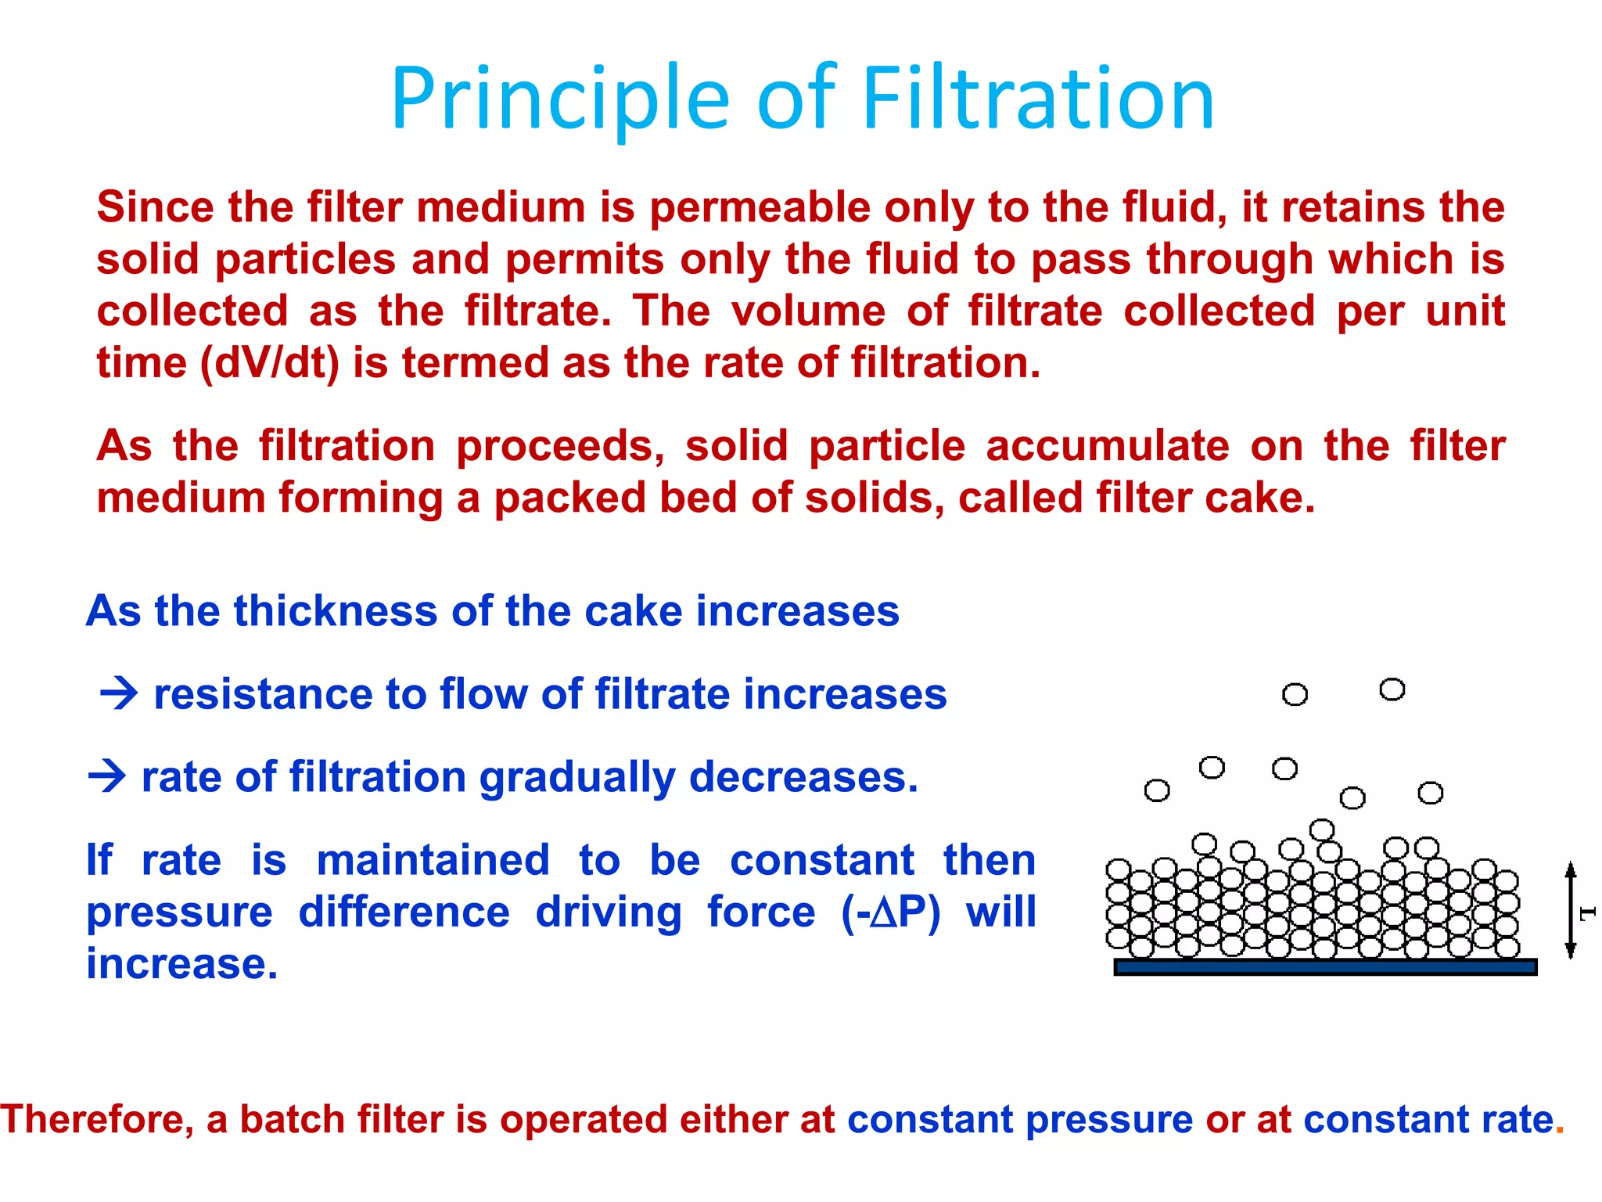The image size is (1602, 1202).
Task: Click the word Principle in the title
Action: [560, 100]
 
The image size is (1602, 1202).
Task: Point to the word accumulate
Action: [1108, 447]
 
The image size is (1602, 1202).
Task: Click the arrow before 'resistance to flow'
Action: [119, 693]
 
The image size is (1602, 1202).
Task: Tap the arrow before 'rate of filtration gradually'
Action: [107, 776]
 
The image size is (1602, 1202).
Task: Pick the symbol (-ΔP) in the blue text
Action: [891, 912]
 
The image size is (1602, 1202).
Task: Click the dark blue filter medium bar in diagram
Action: [1325, 967]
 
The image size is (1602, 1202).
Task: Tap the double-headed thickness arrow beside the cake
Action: [1569, 910]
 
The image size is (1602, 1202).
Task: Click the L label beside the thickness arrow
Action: [1587, 912]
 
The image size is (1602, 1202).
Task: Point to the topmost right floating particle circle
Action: [1392, 689]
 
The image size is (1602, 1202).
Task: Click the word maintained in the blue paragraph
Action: [433, 860]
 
